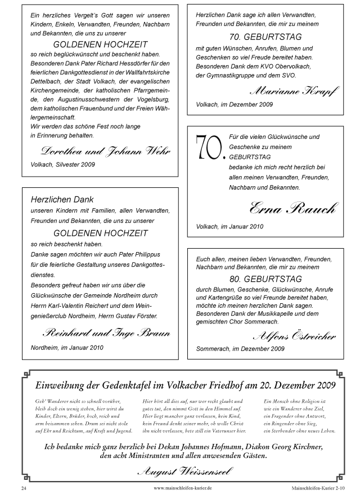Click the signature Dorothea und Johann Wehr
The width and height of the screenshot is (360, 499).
(x=106, y=151)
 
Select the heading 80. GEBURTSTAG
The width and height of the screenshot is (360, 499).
(x=265, y=279)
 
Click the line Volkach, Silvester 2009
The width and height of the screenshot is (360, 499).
(x=63, y=165)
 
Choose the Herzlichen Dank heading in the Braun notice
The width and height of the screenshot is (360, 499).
(x=62, y=199)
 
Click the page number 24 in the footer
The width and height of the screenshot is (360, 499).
(x=24, y=487)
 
